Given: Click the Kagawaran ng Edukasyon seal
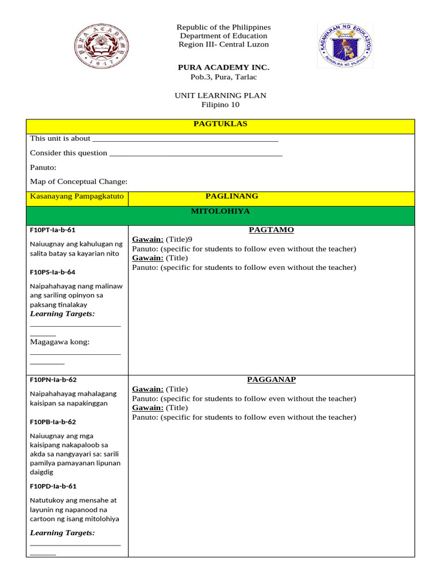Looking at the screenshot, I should click(x=345, y=46).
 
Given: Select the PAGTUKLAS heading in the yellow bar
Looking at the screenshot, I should click(x=220, y=123).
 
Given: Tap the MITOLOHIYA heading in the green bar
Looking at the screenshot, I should click(x=220, y=211).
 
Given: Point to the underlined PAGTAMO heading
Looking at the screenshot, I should click(x=271, y=230).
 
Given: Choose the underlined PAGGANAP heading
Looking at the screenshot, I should click(x=271, y=380).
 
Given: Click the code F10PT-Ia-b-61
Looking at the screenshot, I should click(x=53, y=230).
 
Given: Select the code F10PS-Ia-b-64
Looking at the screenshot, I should click(x=53, y=272).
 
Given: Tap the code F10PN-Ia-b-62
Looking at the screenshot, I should click(x=53, y=380).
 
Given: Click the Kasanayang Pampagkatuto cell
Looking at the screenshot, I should click(x=77, y=198).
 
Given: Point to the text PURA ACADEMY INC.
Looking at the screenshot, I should click(x=223, y=68).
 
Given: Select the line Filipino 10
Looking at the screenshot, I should click(x=220, y=105).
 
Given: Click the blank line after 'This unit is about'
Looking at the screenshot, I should click(x=185, y=139).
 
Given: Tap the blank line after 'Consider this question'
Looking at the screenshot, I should click(x=195, y=154).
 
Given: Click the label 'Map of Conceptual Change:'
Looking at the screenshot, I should click(x=79, y=181).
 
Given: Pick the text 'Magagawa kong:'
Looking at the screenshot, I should click(x=60, y=342).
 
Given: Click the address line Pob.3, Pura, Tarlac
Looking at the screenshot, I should click(x=223, y=77).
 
